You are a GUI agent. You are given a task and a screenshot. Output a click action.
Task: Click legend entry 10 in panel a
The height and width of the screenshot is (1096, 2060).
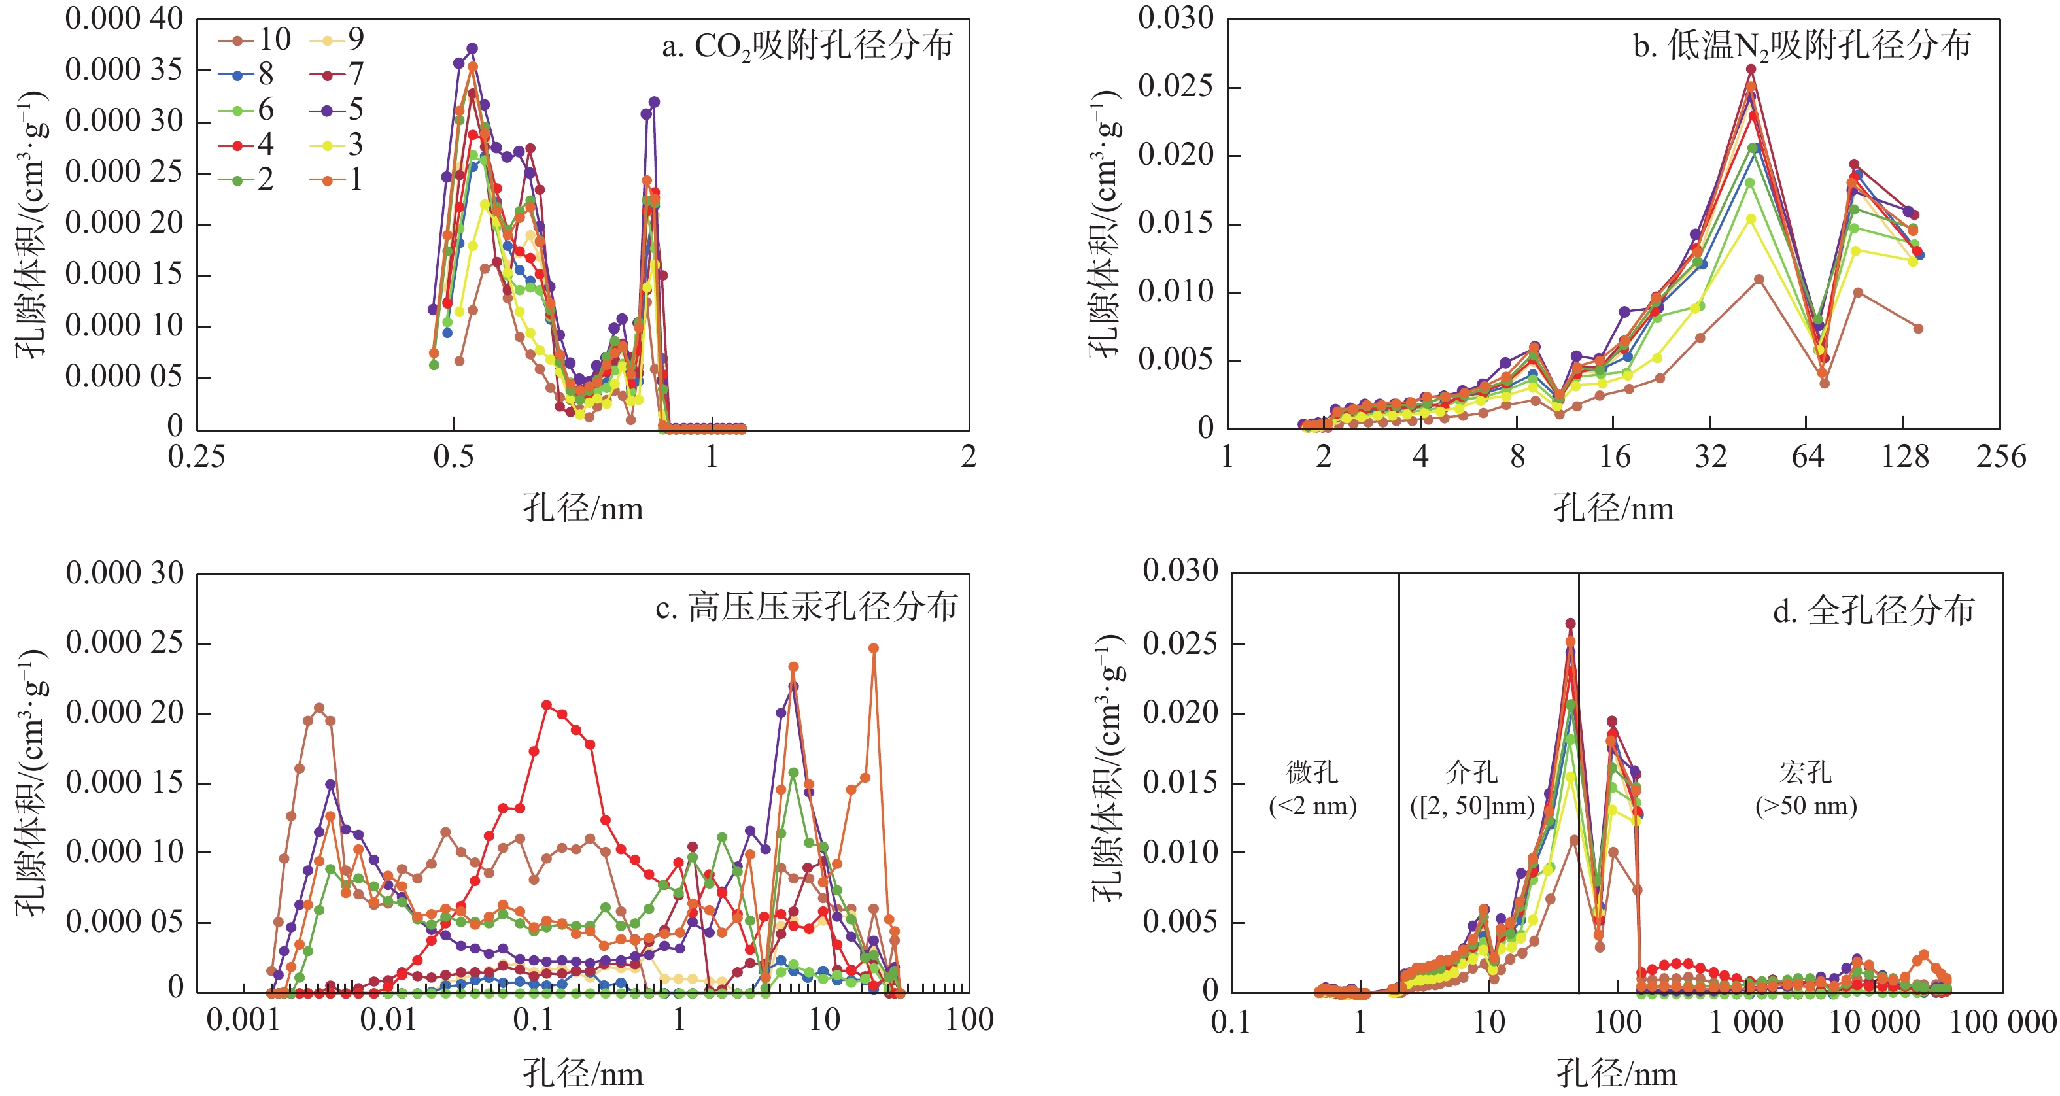pyautogui.click(x=256, y=39)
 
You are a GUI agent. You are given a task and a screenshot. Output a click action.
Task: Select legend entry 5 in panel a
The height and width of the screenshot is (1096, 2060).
pyautogui.click(x=337, y=109)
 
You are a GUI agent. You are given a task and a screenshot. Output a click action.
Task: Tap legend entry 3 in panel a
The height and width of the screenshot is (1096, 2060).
pyautogui.click(x=337, y=145)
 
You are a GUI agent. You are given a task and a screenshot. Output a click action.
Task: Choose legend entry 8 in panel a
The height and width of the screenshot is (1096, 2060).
pyautogui.click(x=248, y=75)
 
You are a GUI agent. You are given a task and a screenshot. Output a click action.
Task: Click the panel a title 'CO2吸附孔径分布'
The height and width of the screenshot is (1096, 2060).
pyautogui.click(x=807, y=46)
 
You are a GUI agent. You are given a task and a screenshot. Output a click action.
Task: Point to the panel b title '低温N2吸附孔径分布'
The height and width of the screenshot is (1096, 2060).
pyautogui.click(x=1802, y=46)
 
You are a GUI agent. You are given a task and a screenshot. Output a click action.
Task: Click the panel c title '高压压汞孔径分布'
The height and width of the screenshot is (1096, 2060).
pyautogui.click(x=806, y=608)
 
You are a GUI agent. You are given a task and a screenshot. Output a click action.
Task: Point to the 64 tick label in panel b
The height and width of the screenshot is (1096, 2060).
pyautogui.click(x=1806, y=457)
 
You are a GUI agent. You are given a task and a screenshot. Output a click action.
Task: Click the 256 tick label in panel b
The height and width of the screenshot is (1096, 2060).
pyautogui.click(x=2001, y=457)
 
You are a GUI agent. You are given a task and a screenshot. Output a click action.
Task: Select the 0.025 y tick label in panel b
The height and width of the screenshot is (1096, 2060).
pyautogui.click(x=1176, y=86)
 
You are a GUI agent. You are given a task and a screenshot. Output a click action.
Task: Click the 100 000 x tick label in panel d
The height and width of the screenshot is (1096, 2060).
pyautogui.click(x=2002, y=1023)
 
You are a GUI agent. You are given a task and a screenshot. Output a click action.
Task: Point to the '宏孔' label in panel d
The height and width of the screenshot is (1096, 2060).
pyautogui.click(x=1806, y=772)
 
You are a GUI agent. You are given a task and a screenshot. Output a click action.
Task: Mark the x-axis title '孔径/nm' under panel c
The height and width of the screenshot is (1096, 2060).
pyautogui.click(x=583, y=1073)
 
